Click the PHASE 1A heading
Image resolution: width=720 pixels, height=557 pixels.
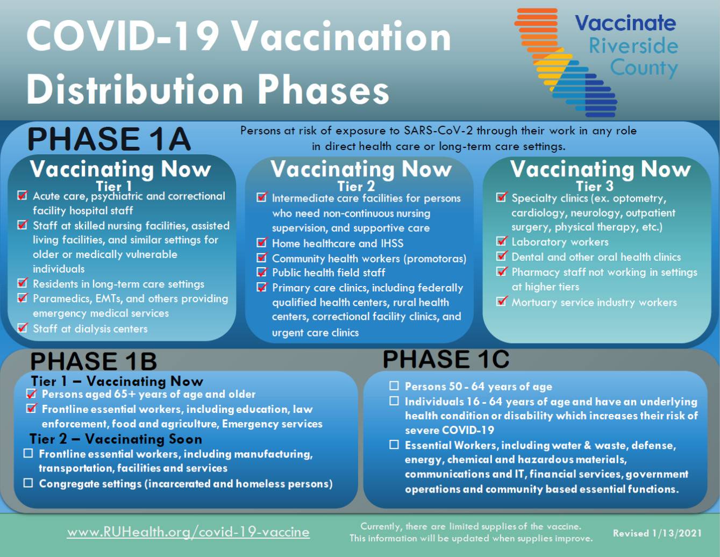click(109, 139)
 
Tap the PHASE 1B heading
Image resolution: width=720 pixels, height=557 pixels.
click(94, 361)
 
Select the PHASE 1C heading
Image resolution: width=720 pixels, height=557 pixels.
click(446, 359)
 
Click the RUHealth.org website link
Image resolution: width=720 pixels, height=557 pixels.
click(188, 532)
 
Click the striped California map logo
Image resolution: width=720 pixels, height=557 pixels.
click(566, 62)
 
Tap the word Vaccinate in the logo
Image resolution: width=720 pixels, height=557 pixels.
click(625, 23)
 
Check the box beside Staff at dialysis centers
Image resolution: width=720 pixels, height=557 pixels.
click(22, 328)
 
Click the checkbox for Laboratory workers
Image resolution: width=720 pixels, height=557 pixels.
click(502, 241)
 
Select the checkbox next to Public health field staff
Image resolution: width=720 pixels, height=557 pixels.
click(262, 272)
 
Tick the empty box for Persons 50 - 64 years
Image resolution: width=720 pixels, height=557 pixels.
click(394, 386)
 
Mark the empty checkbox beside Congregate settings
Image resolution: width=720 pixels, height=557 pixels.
click(28, 483)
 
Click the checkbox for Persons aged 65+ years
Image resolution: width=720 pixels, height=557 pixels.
click(32, 394)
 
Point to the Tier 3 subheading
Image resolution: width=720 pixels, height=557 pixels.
click(594, 186)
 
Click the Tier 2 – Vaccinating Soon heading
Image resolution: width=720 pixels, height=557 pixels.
click(116, 439)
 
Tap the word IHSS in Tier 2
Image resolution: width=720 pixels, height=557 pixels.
click(392, 244)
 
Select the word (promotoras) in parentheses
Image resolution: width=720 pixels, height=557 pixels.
click(434, 259)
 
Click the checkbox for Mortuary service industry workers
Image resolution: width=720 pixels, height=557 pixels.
click(502, 301)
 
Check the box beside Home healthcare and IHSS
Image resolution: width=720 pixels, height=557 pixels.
click(262, 242)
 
